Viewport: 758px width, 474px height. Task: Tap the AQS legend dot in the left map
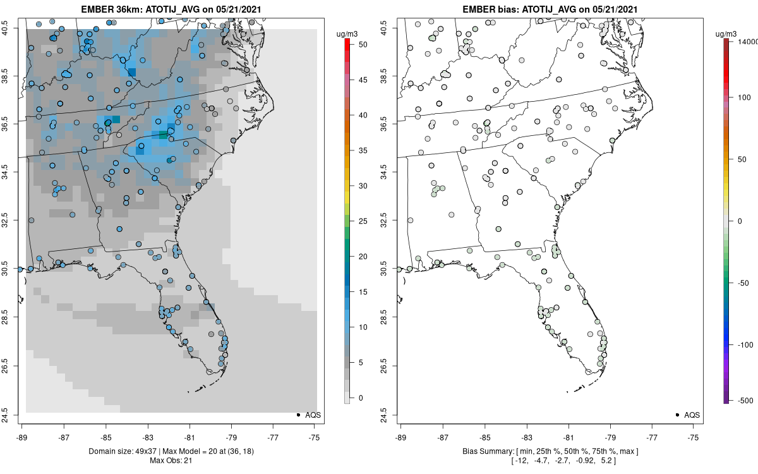point(298,415)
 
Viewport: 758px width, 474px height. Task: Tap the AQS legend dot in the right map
point(677,415)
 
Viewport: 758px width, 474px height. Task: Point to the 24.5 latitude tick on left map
point(12,415)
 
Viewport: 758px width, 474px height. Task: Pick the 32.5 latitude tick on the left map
point(12,221)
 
